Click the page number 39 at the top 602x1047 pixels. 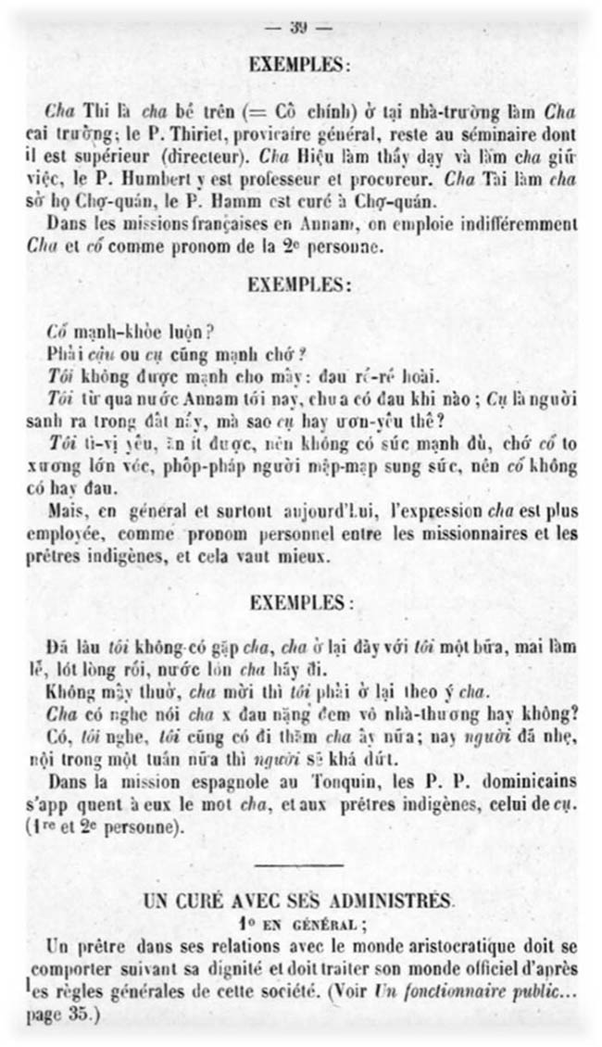[x=298, y=28]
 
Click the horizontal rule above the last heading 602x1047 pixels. [x=297, y=865]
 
